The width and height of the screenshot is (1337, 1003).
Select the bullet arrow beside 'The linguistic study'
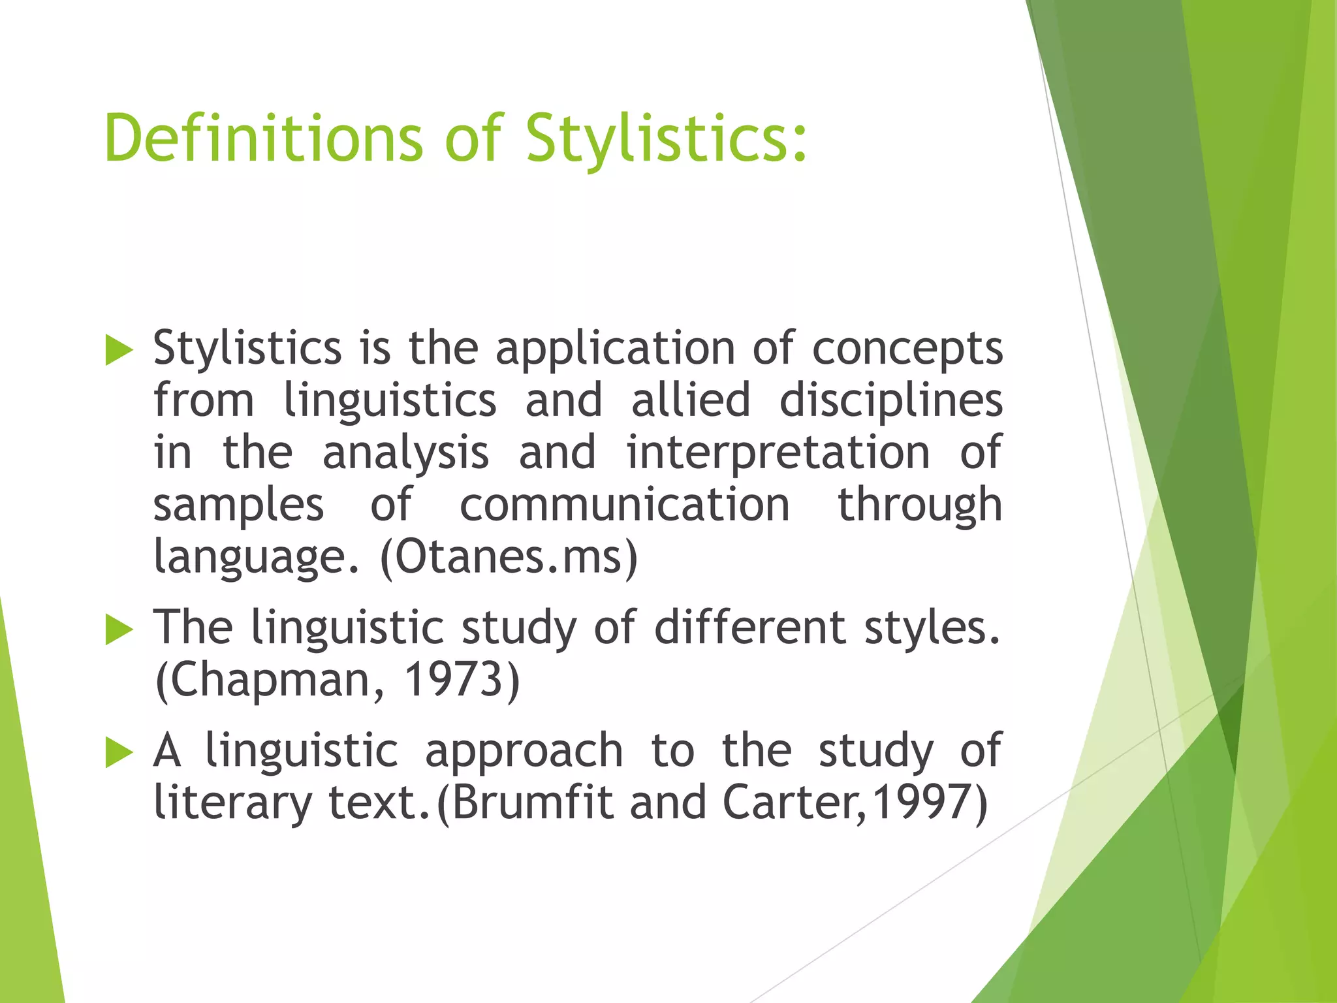coord(119,630)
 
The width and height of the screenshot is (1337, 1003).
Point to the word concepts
coord(907,349)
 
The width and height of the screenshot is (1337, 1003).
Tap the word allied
coord(691,401)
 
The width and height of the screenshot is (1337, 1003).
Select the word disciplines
coord(891,401)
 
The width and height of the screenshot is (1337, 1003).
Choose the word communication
coord(625,505)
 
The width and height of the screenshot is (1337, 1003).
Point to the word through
coord(919,506)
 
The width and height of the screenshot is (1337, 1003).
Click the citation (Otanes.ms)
coord(509,558)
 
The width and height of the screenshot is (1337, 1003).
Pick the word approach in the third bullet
coord(524,751)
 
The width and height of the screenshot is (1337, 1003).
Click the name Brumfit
coord(532,803)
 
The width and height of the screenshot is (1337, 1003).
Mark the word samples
coord(238,506)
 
